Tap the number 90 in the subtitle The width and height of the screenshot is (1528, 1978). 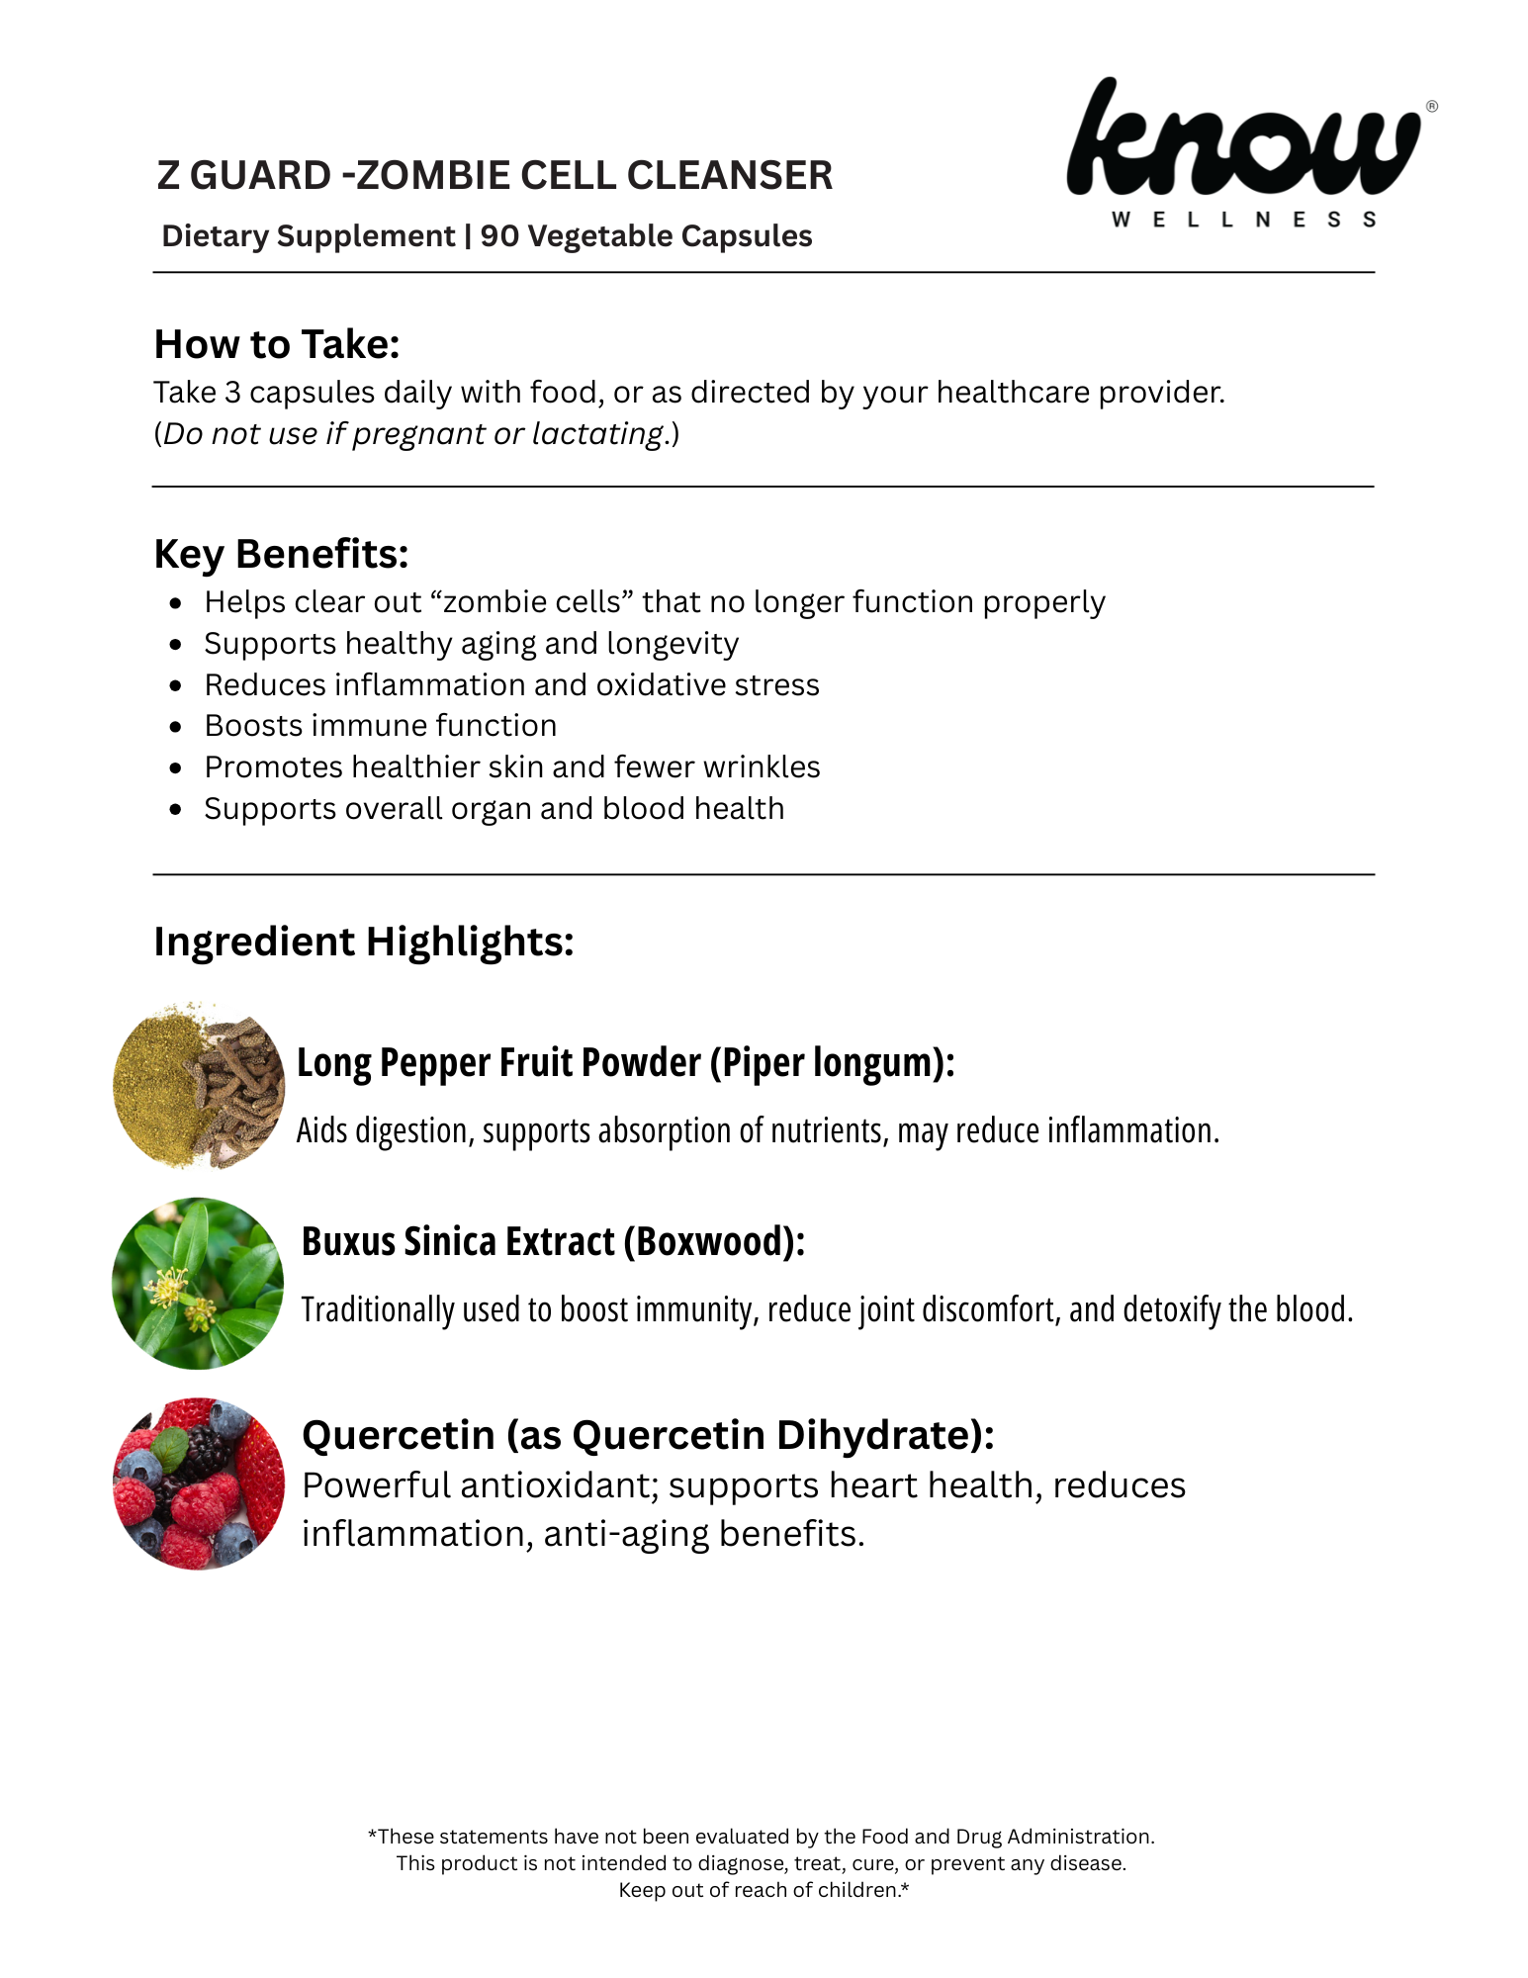point(499,236)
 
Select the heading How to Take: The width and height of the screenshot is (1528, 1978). point(277,344)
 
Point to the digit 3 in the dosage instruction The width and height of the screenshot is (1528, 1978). point(232,393)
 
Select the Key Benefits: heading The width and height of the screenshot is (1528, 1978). point(281,554)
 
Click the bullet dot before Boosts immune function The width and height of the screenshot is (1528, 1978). point(176,727)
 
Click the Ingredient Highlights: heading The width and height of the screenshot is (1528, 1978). point(364,942)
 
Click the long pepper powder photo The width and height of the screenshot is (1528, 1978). point(199,1085)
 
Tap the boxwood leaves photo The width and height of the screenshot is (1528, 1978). point(198,1284)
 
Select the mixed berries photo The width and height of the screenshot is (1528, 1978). point(198,1483)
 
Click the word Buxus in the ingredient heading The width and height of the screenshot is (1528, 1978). point(347,1242)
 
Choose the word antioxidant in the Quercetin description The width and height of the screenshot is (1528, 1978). point(555,1485)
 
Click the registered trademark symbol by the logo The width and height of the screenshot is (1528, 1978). point(1431,107)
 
